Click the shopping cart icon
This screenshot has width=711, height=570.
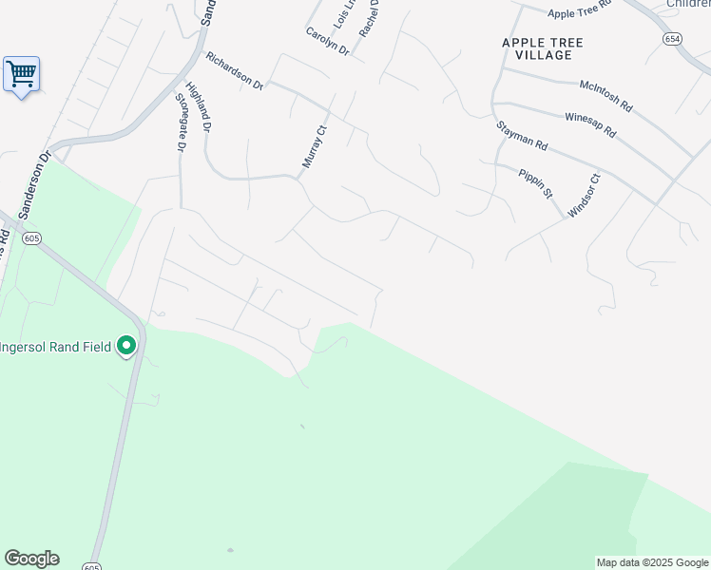21,73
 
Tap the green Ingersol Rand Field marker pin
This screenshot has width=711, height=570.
126,348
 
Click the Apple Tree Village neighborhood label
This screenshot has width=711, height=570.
543,48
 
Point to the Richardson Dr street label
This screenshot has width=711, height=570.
234,70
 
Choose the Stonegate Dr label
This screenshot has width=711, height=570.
180,123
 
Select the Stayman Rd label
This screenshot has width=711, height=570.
522,136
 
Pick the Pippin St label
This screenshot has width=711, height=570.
535,180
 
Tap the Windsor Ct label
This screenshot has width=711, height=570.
584,196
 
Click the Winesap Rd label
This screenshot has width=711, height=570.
590,124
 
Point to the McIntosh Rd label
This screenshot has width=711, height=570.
605,94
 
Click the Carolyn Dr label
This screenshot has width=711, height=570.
327,41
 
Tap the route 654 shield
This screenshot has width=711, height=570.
673,39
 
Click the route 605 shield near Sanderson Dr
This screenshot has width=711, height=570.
31,237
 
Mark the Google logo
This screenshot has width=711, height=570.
31,559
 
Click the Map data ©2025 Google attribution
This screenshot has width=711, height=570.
653,562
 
